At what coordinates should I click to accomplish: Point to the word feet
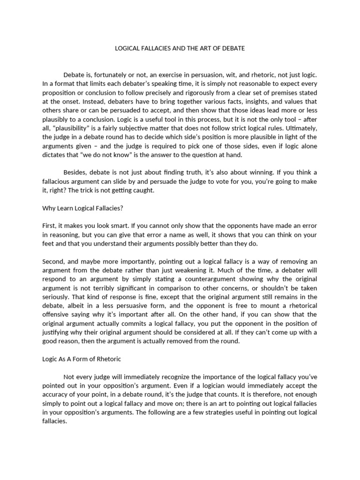click(49, 244)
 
